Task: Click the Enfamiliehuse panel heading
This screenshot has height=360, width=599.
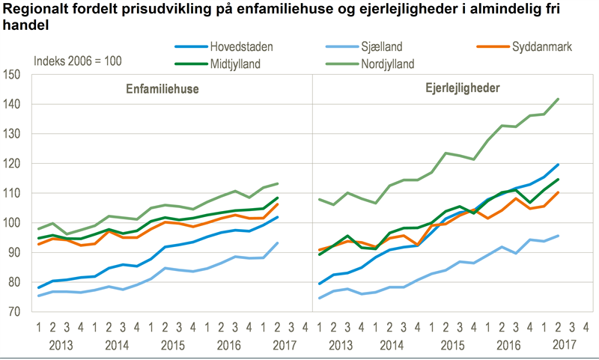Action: tap(161, 88)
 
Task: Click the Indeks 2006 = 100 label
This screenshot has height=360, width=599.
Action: tap(79, 61)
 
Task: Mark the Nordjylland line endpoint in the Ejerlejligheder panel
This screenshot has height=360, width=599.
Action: tap(559, 99)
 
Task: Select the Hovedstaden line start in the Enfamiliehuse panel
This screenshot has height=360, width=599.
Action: tap(39, 287)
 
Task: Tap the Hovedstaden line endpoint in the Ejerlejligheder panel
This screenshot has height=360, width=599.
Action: tap(559, 165)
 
